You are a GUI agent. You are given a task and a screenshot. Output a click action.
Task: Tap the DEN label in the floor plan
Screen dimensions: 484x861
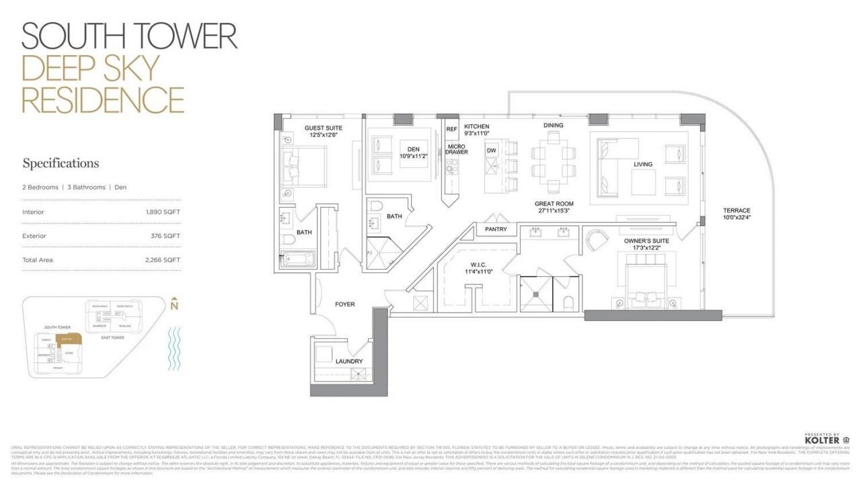pyautogui.click(x=414, y=149)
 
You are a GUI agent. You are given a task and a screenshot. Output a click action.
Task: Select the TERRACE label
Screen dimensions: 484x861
pyautogui.click(x=737, y=210)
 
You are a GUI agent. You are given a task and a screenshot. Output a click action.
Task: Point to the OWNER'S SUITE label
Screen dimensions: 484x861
pyautogui.click(x=646, y=241)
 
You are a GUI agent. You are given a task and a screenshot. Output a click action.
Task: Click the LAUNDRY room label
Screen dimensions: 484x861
pyautogui.click(x=349, y=362)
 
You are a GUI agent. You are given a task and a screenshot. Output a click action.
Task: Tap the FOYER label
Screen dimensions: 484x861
pyautogui.click(x=344, y=305)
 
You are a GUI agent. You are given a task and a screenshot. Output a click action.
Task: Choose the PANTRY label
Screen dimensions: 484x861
pyautogui.click(x=496, y=230)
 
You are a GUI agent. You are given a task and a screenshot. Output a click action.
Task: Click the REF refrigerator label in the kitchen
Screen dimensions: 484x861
pyautogui.click(x=451, y=129)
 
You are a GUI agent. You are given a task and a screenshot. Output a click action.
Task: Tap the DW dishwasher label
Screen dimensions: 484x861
pyautogui.click(x=492, y=151)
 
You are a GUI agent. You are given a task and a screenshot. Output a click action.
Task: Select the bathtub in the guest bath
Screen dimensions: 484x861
pyautogui.click(x=296, y=259)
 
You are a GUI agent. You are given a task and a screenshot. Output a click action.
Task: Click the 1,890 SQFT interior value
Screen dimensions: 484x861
pyautogui.click(x=163, y=212)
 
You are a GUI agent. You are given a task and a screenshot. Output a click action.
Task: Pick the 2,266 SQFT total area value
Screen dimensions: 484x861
pyautogui.click(x=163, y=259)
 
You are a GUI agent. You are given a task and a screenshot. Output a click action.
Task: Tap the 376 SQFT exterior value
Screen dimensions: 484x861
pyautogui.click(x=165, y=236)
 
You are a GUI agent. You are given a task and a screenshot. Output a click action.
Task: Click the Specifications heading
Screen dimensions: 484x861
pyautogui.click(x=61, y=163)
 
